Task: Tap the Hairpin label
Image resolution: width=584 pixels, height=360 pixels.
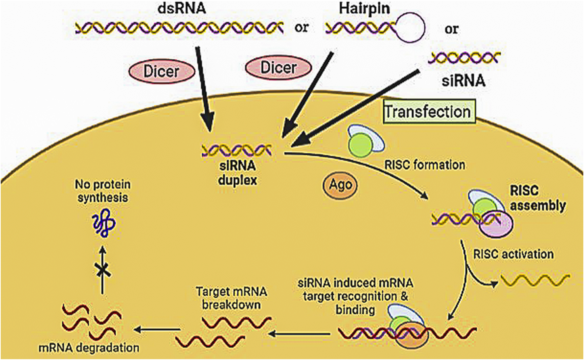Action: point(364,9)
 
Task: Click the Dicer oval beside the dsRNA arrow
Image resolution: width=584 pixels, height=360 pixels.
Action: point(161,72)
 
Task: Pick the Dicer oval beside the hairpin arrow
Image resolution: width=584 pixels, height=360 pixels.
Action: point(278,68)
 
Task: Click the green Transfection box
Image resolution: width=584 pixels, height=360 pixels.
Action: point(428,111)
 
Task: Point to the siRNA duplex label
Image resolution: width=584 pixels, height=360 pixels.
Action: point(237,173)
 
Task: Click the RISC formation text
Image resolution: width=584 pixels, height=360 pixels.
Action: point(425,165)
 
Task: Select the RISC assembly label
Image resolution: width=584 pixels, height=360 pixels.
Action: point(537,198)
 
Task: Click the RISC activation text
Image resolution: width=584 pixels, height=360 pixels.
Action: point(513,254)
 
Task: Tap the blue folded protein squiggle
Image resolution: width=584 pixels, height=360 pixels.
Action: point(103,224)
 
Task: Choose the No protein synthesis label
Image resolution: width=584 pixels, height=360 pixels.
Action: point(102,191)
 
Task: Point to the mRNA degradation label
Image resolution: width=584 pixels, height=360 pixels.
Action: point(89,348)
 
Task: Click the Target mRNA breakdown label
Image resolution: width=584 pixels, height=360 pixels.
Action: point(231,298)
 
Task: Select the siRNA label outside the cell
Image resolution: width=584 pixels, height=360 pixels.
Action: point(464,80)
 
